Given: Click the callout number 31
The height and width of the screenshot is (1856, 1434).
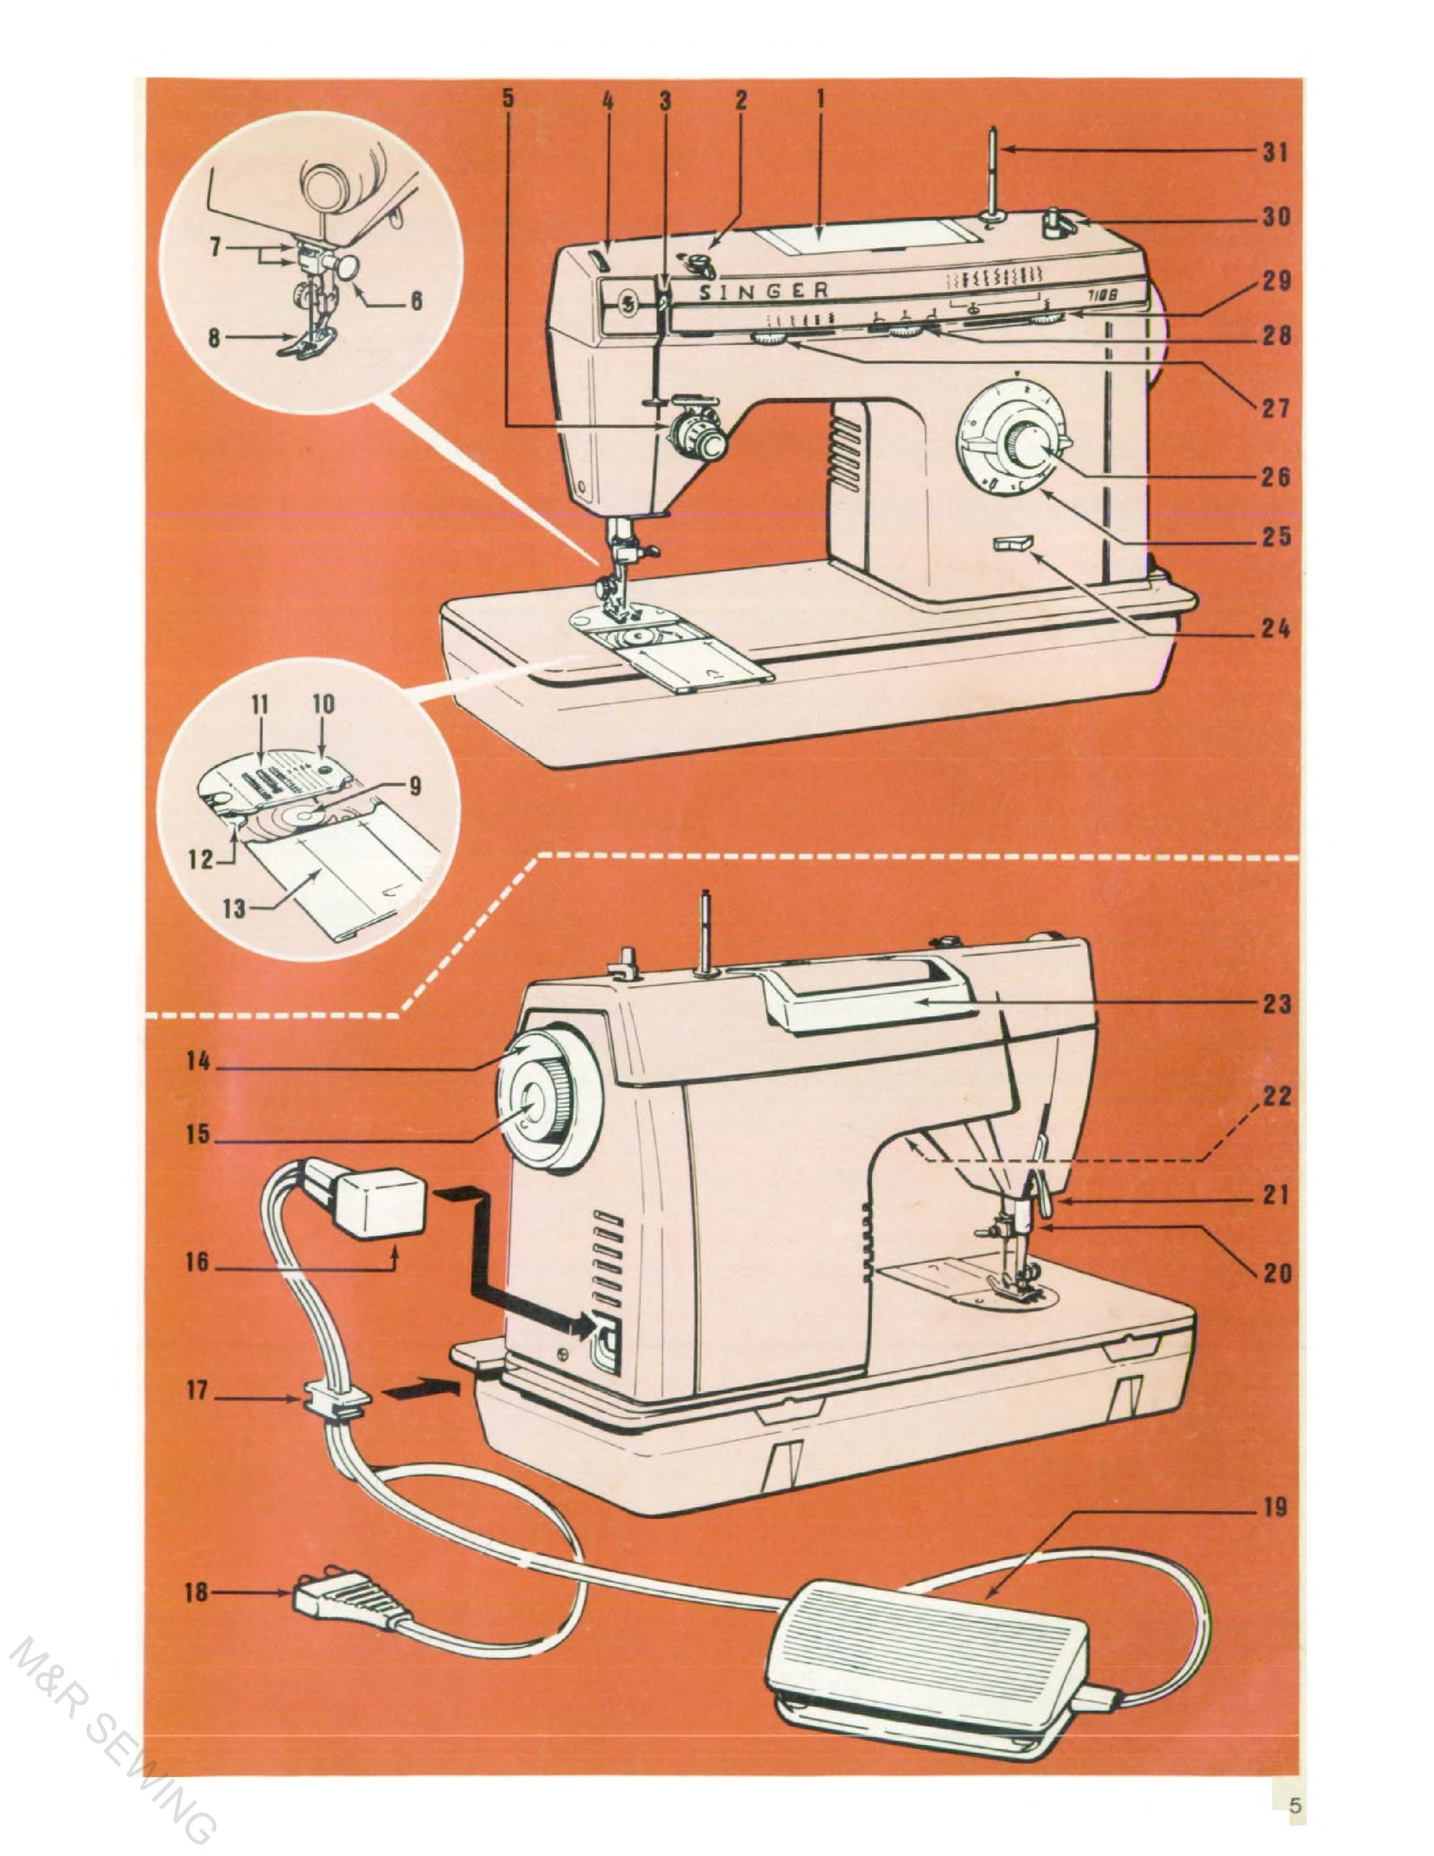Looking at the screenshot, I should (x=1275, y=152).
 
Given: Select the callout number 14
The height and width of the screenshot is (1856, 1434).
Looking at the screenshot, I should (x=198, y=1061).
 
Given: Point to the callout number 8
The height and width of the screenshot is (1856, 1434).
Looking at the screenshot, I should (x=216, y=340).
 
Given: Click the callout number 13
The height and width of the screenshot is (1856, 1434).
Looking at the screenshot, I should (x=234, y=909).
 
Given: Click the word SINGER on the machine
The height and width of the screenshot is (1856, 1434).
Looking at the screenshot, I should (x=764, y=290).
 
